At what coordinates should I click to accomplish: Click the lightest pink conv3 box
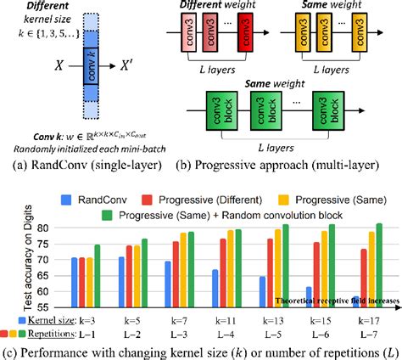(181, 36)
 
